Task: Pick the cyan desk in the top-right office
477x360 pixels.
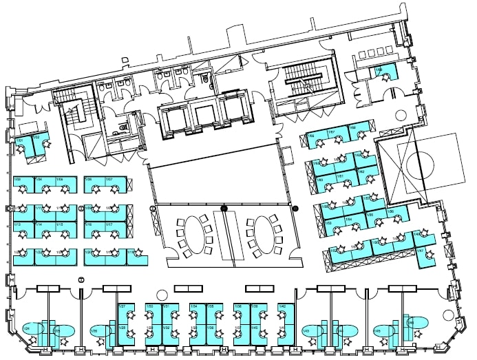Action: tap(383, 71)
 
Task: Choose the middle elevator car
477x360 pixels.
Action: tap(204, 116)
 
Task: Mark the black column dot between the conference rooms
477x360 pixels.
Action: tap(224, 207)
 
